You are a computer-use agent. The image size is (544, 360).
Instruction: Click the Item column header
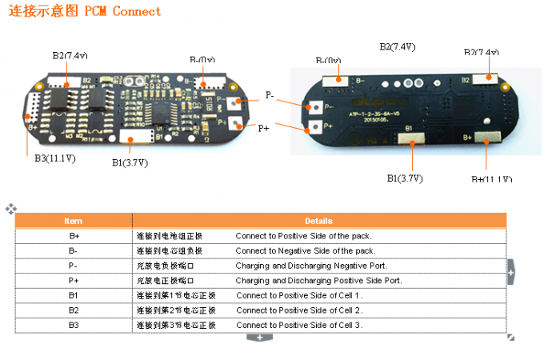tap(74, 220)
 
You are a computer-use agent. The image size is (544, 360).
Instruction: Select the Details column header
tap(318, 220)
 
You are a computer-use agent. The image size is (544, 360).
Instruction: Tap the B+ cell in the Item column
tap(74, 236)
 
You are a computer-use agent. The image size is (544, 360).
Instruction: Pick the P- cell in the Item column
tap(74, 266)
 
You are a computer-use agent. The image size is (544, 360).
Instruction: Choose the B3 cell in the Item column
tap(74, 325)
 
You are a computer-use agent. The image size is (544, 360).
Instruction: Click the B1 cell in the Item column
tap(74, 295)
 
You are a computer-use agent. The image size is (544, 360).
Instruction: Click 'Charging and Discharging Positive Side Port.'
tap(318, 281)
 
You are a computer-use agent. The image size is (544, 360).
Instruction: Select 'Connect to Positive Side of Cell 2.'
tap(299, 310)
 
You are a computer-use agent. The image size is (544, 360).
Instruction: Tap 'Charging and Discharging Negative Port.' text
tap(311, 266)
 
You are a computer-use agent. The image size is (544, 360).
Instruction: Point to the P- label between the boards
tap(270, 96)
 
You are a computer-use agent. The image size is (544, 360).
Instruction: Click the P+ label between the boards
tap(264, 127)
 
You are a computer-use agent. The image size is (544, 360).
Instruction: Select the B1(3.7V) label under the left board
tap(130, 163)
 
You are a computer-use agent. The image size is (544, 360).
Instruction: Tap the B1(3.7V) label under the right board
tap(405, 178)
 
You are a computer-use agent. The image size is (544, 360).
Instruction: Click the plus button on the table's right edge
tap(510, 273)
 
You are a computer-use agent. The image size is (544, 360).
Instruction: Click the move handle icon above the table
tap(10, 209)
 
